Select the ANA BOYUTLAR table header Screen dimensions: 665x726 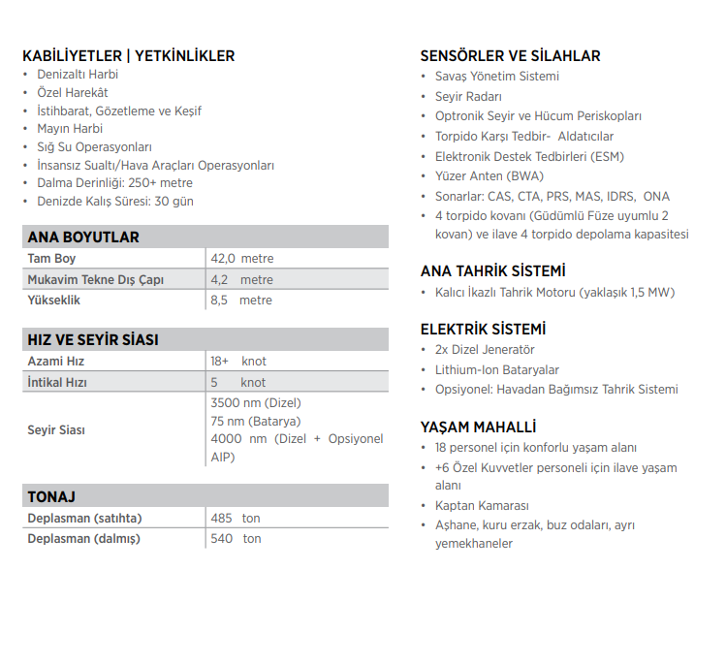click(x=83, y=237)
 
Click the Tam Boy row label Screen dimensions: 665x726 click(x=51, y=259)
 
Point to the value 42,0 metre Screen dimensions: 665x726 click(x=241, y=259)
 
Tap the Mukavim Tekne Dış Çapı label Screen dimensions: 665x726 click(x=96, y=279)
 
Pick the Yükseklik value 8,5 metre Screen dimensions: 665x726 click(x=241, y=300)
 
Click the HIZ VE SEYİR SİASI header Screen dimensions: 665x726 click(x=93, y=339)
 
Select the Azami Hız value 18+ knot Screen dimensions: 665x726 click(x=238, y=361)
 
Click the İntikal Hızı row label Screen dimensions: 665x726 click(x=57, y=382)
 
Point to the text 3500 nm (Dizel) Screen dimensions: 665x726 click(x=255, y=402)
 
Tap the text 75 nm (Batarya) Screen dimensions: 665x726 click(x=255, y=421)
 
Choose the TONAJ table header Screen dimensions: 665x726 click(x=51, y=496)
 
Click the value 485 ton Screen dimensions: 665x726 click(x=236, y=518)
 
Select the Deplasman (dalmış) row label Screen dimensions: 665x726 click(x=83, y=538)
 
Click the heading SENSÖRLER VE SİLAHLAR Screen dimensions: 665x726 click(x=510, y=56)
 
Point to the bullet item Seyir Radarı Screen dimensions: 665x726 click(x=468, y=96)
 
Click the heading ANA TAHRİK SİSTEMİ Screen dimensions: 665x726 click(x=492, y=271)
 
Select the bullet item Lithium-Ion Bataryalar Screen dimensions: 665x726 click(x=497, y=369)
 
